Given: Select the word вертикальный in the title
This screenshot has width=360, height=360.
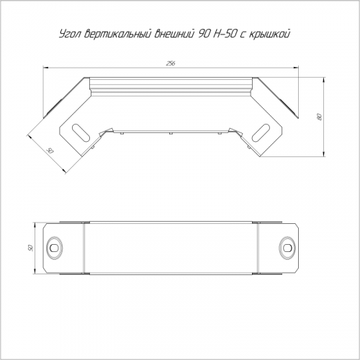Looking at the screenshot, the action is (x=118, y=34).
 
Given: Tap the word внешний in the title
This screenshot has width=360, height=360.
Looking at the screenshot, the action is (x=174, y=34).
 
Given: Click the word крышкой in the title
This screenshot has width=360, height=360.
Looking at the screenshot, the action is (x=269, y=34).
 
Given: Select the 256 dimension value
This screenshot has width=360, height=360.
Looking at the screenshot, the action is (x=171, y=63).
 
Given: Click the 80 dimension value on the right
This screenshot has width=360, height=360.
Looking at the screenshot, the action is (x=319, y=117).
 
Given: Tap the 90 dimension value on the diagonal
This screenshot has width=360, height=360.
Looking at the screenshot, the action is (x=50, y=151).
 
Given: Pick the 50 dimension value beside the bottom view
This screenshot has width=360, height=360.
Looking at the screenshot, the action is (x=30, y=248).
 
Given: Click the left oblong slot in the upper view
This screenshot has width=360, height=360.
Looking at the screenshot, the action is (x=81, y=132).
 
